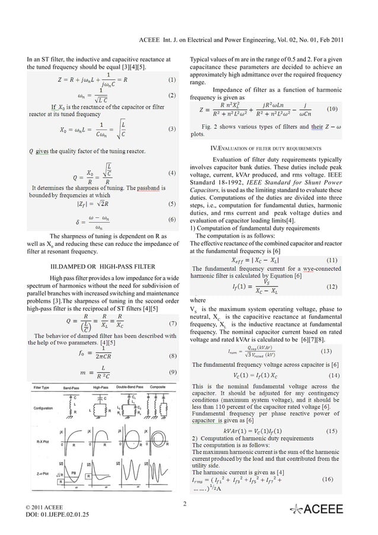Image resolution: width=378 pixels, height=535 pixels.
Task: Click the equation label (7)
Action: click(x=171, y=324)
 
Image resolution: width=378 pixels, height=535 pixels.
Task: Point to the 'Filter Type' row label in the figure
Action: click(x=41, y=386)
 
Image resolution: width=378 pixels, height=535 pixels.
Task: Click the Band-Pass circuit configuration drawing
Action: click(x=70, y=406)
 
